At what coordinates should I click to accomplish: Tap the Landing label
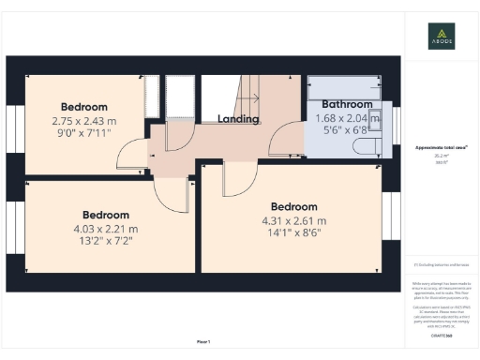click(x=238, y=119)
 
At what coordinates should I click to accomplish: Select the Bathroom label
click(x=347, y=104)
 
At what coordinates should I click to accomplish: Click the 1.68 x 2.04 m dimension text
click(x=346, y=118)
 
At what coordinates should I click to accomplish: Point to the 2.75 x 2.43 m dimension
click(x=84, y=121)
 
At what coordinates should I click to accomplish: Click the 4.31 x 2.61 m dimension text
click(x=294, y=220)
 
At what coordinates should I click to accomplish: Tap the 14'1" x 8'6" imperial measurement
click(x=294, y=234)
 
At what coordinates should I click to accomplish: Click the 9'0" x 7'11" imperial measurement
click(x=84, y=135)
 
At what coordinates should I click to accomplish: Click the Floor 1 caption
click(x=203, y=341)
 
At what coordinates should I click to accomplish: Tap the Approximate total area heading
click(x=441, y=148)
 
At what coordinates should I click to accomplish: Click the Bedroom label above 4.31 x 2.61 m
click(x=294, y=206)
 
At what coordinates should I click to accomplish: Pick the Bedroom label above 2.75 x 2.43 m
click(x=84, y=107)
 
